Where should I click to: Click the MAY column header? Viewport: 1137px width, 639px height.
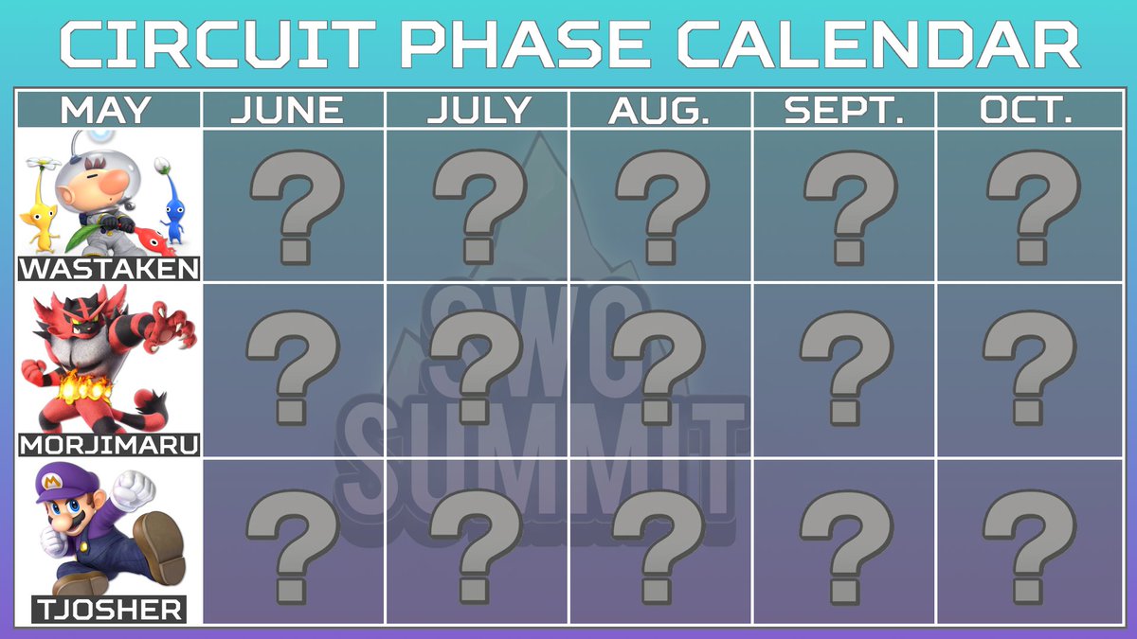[105, 110]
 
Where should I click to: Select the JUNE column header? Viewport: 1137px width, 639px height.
[288, 110]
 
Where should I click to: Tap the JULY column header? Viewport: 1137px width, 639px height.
[479, 110]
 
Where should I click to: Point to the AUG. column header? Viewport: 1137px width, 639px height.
[659, 110]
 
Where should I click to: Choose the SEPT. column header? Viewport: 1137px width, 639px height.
[844, 110]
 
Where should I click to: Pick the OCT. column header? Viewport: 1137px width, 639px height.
[1026, 110]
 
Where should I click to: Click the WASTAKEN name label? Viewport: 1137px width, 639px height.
[109, 268]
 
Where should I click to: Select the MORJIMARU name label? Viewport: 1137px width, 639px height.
[109, 445]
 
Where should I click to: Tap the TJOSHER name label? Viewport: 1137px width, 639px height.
[109, 610]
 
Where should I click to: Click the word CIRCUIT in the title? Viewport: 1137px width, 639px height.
[218, 44]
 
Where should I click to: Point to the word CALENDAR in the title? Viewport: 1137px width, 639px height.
[878, 44]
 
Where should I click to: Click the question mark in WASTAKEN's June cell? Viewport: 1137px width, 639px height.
[297, 207]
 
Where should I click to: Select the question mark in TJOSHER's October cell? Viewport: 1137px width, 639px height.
[1029, 547]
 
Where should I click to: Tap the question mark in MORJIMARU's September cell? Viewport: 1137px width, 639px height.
[846, 368]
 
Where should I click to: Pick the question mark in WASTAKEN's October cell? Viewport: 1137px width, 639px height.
[1034, 207]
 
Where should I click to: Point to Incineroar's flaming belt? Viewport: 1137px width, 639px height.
[82, 389]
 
